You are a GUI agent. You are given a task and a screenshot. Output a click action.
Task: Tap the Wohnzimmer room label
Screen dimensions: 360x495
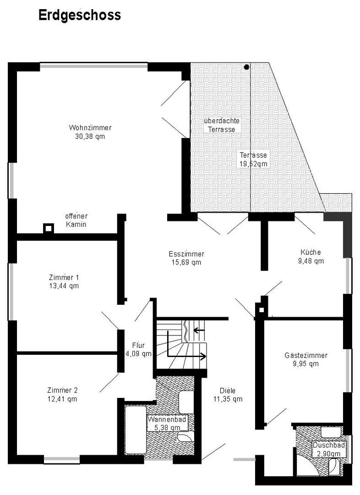click(x=90, y=128)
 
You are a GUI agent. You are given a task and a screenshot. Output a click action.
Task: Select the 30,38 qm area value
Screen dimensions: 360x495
click(x=90, y=137)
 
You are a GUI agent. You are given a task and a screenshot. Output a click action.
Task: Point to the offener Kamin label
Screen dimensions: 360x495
click(x=76, y=220)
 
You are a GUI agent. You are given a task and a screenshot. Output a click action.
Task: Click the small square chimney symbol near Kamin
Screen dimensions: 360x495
click(x=48, y=228)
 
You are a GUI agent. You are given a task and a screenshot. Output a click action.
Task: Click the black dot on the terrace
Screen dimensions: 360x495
click(x=246, y=67)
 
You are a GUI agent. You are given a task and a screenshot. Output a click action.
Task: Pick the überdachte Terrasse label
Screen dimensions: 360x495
click(x=222, y=125)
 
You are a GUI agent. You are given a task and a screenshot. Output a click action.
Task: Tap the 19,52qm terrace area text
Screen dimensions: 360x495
click(x=253, y=164)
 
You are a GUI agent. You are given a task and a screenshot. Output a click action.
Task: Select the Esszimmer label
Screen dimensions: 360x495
click(x=186, y=254)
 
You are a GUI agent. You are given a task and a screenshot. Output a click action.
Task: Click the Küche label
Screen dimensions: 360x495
click(x=311, y=252)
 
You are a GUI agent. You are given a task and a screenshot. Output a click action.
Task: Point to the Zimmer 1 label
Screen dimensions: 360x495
click(x=64, y=277)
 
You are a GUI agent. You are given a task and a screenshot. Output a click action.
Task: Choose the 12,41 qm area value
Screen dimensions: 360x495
click(x=62, y=399)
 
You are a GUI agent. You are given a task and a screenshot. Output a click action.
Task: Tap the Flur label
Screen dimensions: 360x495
click(x=138, y=346)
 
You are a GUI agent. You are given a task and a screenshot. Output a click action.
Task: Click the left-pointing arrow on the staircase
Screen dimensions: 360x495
click(x=199, y=330)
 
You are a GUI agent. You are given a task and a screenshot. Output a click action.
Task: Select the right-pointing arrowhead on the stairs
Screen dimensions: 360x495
click(x=203, y=357)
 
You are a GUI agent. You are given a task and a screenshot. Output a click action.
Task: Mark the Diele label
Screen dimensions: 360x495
click(x=228, y=390)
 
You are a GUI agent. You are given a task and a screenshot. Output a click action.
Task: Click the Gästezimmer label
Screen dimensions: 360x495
click(x=306, y=356)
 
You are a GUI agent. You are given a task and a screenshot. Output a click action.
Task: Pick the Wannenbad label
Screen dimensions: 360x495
click(x=167, y=419)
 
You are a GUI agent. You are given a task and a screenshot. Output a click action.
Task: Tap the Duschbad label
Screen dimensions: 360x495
click(x=329, y=445)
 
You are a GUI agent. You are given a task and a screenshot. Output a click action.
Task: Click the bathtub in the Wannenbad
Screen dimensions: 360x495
click(x=136, y=430)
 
